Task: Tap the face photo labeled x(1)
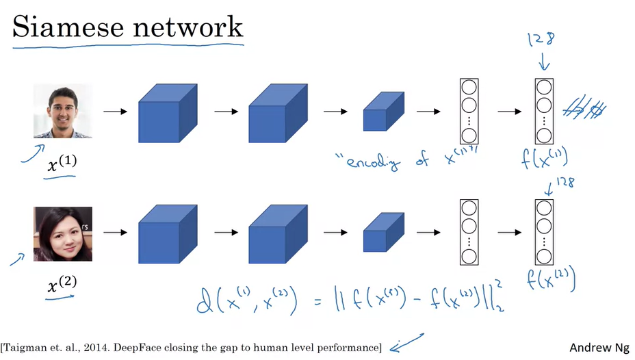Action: (x=62, y=111)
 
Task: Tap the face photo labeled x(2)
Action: (x=62, y=234)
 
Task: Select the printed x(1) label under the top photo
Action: (x=61, y=164)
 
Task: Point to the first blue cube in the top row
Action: (x=167, y=112)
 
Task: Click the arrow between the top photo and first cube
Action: (x=114, y=111)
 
